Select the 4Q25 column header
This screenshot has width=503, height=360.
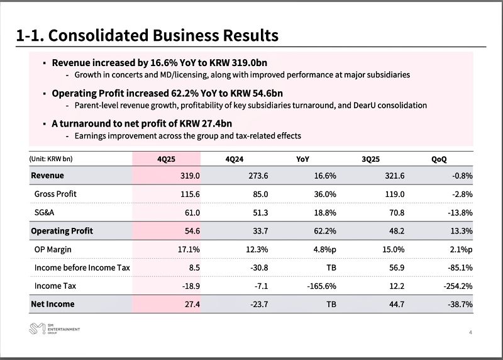pos(166,159)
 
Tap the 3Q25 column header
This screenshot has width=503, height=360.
pos(372,159)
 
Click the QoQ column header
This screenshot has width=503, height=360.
pos(439,159)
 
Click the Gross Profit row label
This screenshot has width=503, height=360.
pos(55,194)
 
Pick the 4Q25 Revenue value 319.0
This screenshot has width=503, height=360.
pos(189,176)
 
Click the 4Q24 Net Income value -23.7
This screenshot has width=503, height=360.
pos(258,305)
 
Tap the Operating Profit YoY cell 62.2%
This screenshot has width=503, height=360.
pos(324,231)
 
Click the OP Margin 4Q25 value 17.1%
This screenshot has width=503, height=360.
pos(188,249)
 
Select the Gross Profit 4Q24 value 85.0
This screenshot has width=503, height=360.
pos(258,194)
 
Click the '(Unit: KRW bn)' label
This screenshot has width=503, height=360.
pos(55,159)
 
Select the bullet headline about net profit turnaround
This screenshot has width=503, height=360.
pos(146,123)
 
